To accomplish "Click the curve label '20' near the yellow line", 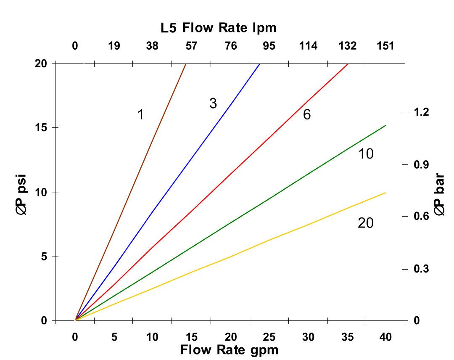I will pyautogui.click(x=365, y=223).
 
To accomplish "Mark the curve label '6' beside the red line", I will pyautogui.click(x=307, y=114).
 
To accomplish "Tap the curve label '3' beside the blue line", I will pyautogui.click(x=213, y=103).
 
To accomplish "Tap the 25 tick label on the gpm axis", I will pyautogui.click(x=269, y=337).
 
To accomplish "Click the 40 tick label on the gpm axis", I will pyautogui.click(x=385, y=337).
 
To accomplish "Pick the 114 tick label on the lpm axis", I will pyautogui.click(x=308, y=46).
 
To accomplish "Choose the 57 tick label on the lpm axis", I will pyautogui.click(x=191, y=46).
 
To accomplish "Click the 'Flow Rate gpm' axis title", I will pyautogui.click(x=230, y=349).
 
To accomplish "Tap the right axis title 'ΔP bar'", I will pyautogui.click(x=440, y=196).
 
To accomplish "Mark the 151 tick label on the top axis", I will pyautogui.click(x=385, y=46).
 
